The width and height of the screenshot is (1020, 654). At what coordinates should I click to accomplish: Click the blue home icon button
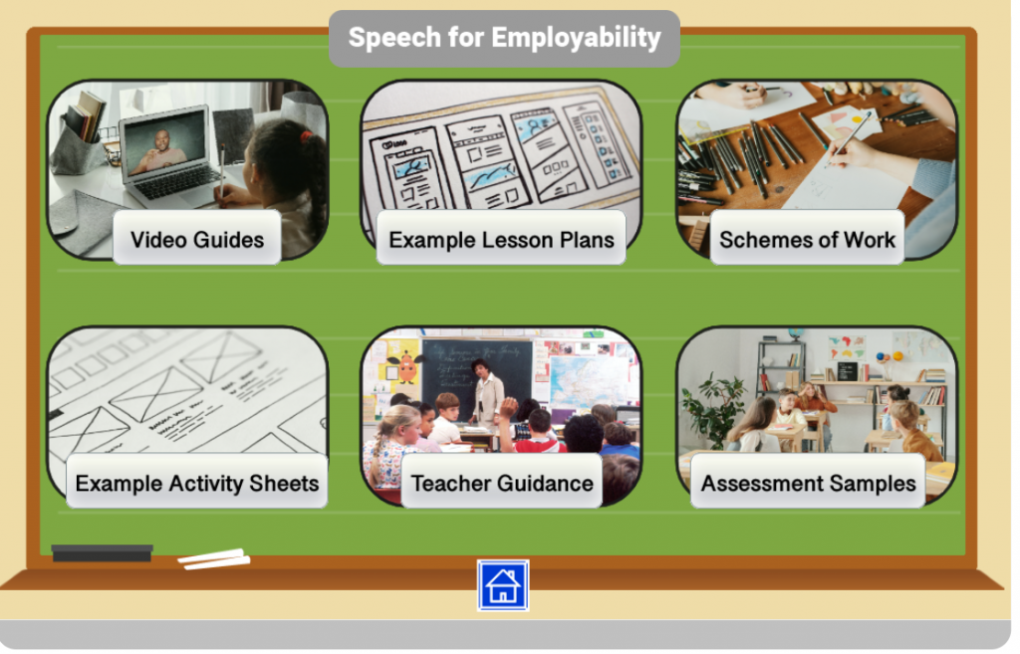[x=503, y=585]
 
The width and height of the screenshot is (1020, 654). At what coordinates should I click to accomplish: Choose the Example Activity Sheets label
[x=197, y=482]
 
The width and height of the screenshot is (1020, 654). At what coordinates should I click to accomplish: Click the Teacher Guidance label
[x=502, y=482]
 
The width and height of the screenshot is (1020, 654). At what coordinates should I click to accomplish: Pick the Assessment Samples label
[x=808, y=482]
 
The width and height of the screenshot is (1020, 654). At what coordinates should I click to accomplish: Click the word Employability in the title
[x=577, y=38]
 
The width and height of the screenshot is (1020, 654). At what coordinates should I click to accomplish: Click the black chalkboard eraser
[x=103, y=553]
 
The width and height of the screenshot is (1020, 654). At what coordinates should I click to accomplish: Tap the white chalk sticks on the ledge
[x=214, y=559]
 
